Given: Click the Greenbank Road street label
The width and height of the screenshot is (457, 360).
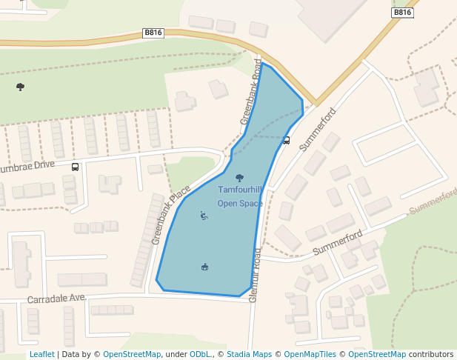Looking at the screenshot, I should pos(251,91).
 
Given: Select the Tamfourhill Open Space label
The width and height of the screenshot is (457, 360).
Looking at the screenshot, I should pos(240,196).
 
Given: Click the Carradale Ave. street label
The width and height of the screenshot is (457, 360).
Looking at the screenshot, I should pos(57,299).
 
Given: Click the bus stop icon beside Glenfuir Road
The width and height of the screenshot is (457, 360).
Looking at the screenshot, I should pos(286,140).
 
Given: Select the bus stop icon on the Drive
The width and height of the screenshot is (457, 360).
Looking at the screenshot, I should pos(75,167).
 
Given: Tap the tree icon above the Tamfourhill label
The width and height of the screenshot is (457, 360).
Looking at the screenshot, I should pos(239,178).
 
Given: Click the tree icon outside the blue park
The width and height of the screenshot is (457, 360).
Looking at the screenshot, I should pos(20,87).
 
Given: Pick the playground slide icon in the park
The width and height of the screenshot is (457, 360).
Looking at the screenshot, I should pos(204,216).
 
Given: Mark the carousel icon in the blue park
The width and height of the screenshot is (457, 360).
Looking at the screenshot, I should pos(204,267).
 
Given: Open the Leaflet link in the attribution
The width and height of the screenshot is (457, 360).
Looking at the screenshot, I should pos(41,354).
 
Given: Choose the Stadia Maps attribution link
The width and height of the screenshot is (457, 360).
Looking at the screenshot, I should pos(249,354).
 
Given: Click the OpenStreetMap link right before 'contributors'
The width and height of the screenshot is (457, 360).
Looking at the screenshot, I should pos(377,354).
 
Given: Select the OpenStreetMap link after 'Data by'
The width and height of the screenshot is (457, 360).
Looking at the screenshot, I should pos(132,354).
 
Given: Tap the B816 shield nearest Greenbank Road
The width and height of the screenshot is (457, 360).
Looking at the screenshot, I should pos(153,33).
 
